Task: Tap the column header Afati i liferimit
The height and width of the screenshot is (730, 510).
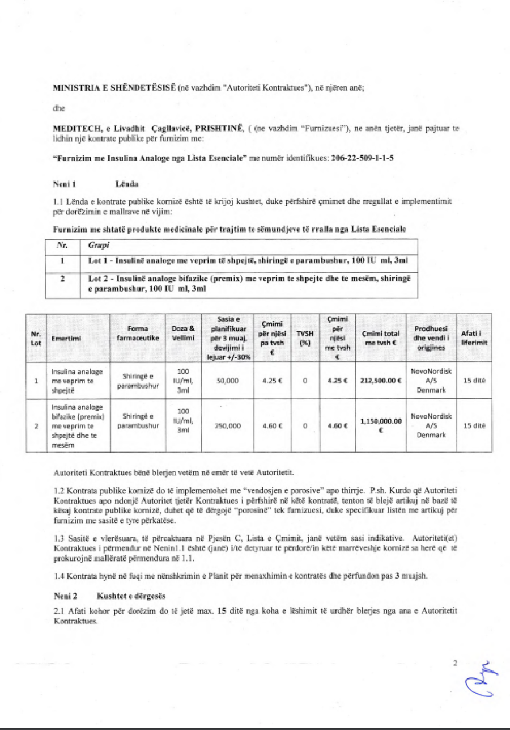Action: tap(474, 338)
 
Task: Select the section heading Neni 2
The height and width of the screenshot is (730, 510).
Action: tap(64, 596)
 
